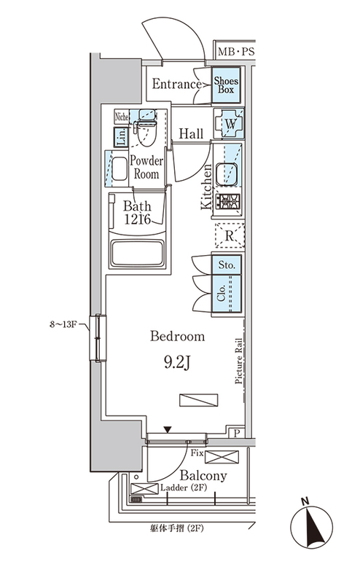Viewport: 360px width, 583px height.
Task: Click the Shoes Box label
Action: [226, 85]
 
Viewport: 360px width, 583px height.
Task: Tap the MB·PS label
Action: [236, 52]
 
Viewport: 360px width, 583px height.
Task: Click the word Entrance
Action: [177, 84]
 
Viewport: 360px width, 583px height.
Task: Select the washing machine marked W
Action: [230, 124]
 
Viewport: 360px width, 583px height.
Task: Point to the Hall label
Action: [191, 133]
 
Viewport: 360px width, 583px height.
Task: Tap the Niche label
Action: [122, 117]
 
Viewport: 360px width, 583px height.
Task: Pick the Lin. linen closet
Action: [121, 136]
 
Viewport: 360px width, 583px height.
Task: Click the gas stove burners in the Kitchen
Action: [230, 202]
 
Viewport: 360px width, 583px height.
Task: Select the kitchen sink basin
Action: [227, 174]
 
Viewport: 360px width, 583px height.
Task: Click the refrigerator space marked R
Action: [230, 235]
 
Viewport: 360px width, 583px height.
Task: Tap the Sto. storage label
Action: [227, 265]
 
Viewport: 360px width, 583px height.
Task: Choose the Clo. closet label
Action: [222, 294]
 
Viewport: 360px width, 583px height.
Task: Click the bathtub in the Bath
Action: [138, 253]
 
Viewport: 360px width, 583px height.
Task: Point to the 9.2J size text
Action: [177, 362]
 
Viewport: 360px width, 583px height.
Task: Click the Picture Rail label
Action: [238, 361]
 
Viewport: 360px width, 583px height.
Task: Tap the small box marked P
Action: [237, 433]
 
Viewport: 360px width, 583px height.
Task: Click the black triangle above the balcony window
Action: [168, 430]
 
